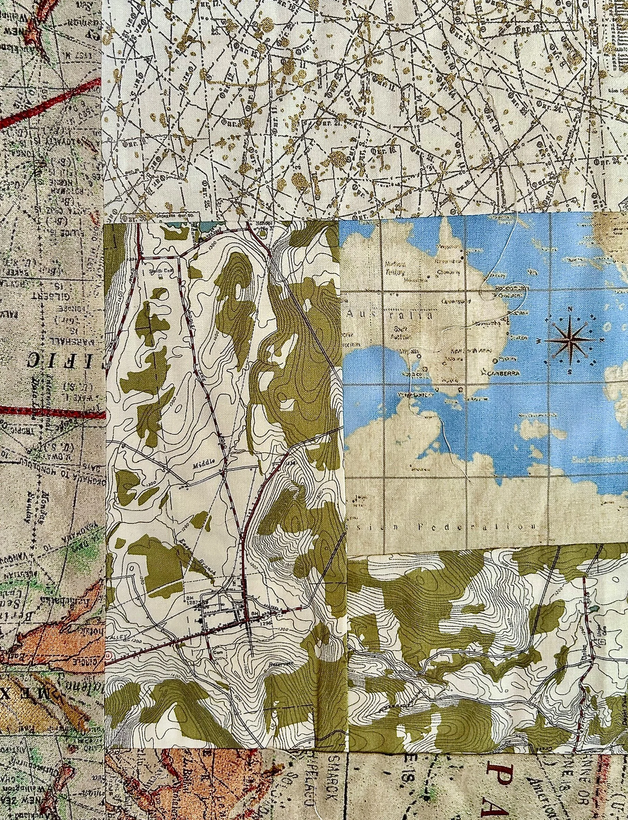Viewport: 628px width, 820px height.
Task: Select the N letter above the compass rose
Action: (570, 309)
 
